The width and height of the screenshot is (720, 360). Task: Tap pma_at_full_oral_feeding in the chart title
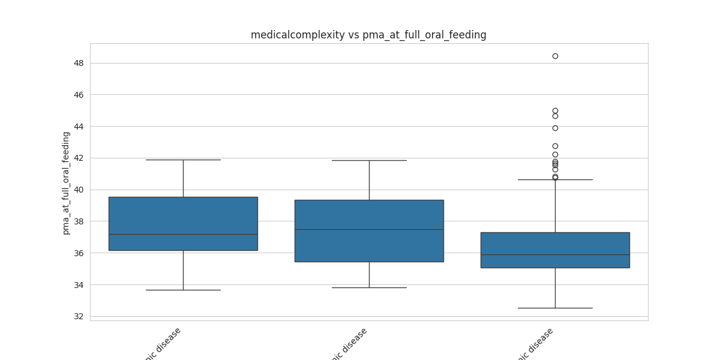click(424, 35)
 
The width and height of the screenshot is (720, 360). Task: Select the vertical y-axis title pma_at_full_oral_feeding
click(66, 183)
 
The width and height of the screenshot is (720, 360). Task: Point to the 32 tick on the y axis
click(79, 316)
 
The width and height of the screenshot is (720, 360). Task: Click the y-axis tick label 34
click(79, 284)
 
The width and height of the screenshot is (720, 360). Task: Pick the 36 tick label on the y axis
click(79, 253)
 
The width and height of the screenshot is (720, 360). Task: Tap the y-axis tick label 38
click(79, 221)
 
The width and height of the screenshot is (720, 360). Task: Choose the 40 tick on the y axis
click(79, 190)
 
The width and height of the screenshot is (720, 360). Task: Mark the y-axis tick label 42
click(79, 158)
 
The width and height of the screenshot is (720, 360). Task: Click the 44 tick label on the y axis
click(79, 126)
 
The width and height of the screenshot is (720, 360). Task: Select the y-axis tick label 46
click(79, 95)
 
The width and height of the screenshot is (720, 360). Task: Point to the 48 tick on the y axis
click(79, 63)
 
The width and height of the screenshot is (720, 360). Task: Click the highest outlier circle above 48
click(555, 56)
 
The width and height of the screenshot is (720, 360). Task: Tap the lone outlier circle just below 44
click(555, 128)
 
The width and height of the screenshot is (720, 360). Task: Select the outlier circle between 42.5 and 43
click(555, 146)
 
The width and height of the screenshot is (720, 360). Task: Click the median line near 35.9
click(555, 254)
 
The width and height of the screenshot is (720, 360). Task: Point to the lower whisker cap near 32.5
click(555, 308)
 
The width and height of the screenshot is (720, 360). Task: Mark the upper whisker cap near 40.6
click(555, 179)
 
